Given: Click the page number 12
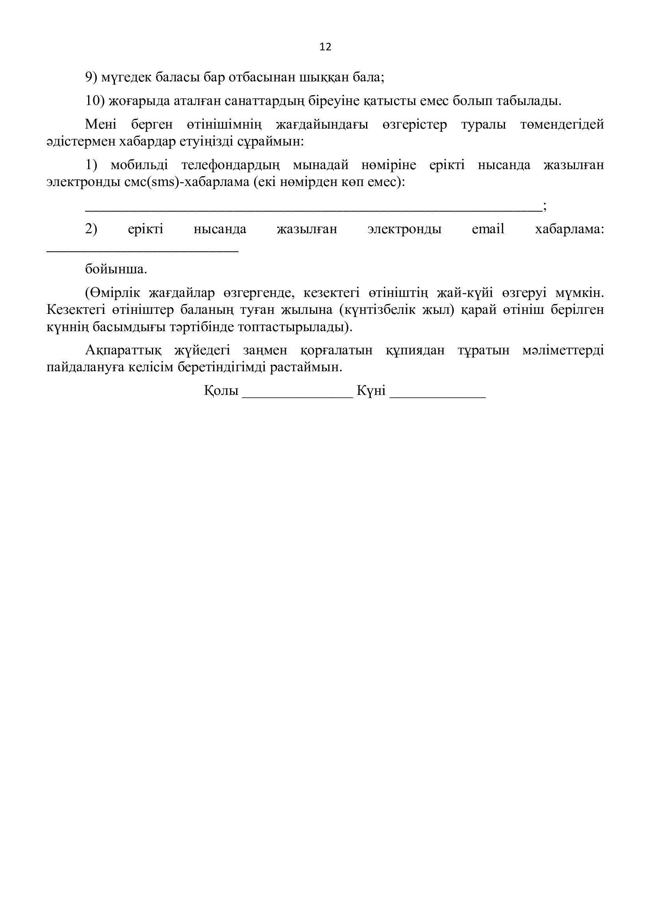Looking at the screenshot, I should point(325,47).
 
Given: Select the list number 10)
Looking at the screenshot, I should point(94,101).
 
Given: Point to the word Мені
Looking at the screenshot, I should point(101,124).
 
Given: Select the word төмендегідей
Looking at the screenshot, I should point(562,124).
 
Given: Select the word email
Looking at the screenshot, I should point(488,229).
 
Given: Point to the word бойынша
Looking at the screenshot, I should point(116,269).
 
